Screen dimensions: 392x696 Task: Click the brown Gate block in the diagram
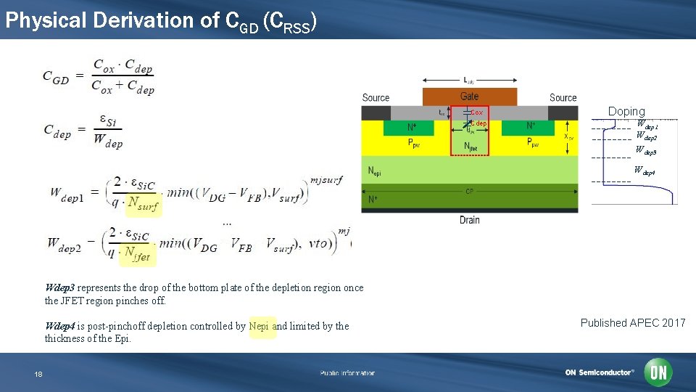click(470, 97)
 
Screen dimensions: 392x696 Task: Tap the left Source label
click(376, 98)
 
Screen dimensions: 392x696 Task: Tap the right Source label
click(563, 98)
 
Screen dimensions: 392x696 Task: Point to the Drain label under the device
click(469, 220)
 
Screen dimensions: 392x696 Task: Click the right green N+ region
click(531, 126)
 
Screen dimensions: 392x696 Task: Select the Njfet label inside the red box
click(471, 146)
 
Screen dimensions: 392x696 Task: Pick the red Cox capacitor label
click(477, 113)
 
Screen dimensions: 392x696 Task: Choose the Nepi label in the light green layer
click(374, 173)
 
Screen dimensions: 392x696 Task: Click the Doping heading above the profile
click(626, 111)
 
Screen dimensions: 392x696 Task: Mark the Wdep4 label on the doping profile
click(645, 171)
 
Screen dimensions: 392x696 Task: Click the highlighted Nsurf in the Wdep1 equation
click(143, 206)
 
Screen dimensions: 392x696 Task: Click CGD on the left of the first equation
click(57, 75)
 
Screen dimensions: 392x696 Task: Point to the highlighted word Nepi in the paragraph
click(260, 327)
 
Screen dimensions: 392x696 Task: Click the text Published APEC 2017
click(632, 323)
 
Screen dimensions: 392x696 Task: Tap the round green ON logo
click(658, 373)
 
